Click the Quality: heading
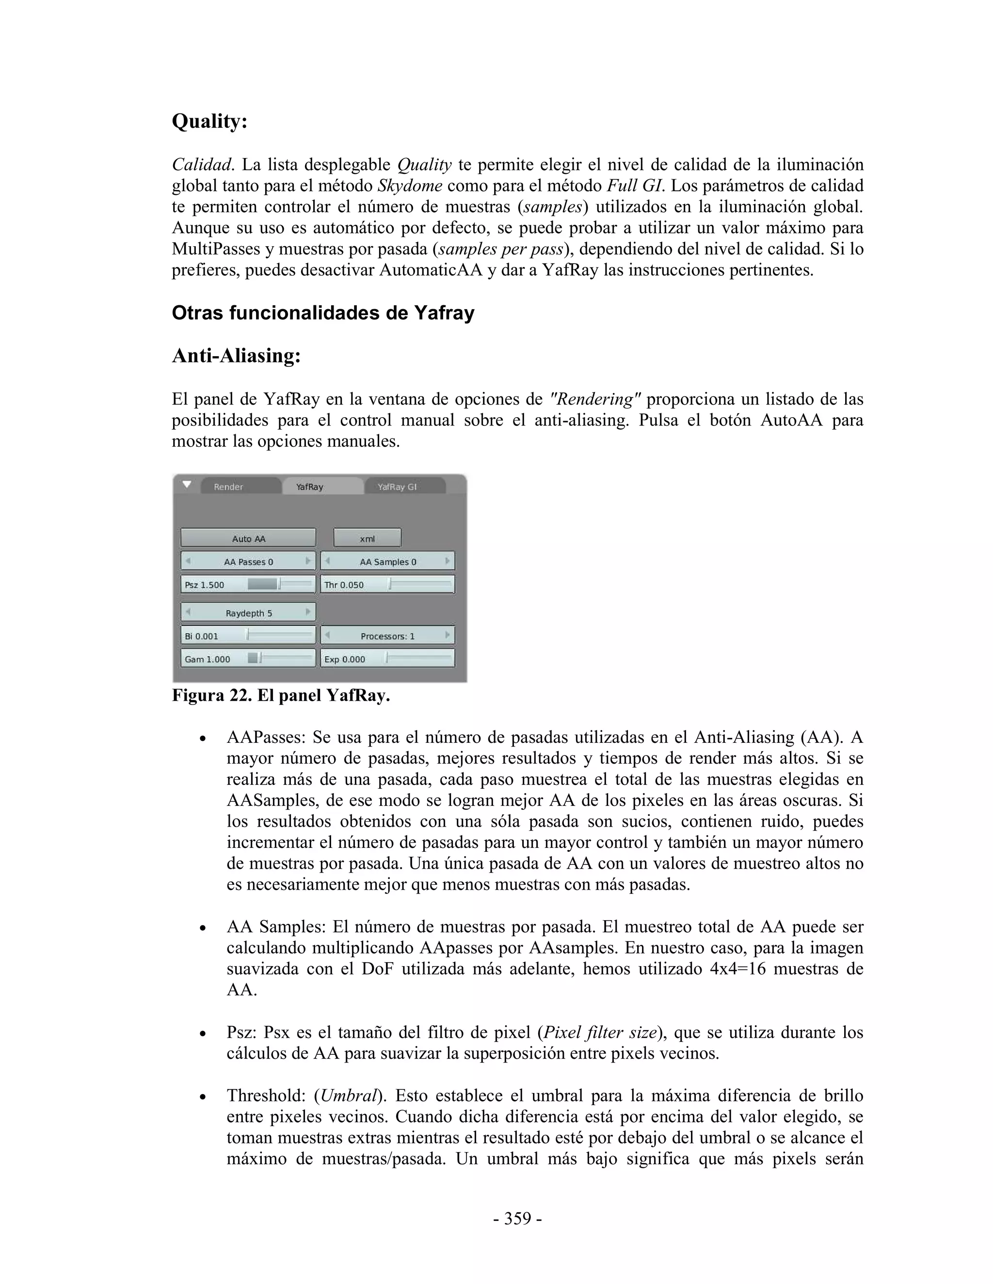(209, 122)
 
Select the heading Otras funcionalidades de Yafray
(322, 313)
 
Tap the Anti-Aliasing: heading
(236, 356)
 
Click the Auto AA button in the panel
(248, 538)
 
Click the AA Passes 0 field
(248, 562)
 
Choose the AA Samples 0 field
(388, 562)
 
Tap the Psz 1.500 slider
(248, 584)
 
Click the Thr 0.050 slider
(388, 584)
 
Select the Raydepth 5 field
(248, 612)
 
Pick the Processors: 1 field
(388, 636)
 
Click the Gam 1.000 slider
(248, 659)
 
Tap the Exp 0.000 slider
(388, 659)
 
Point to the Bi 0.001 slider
(248, 636)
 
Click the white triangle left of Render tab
(187, 485)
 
